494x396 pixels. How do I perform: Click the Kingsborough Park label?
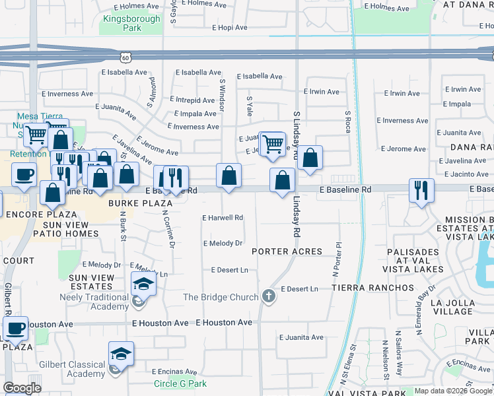tap(131, 24)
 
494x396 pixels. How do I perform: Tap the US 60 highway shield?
tap(135, 57)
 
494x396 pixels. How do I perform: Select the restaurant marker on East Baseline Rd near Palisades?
tap(421, 191)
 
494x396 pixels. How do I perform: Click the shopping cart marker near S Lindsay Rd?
tap(272, 143)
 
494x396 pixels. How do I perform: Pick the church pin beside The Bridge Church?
tap(268, 296)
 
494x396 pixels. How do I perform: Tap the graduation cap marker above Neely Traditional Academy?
tap(143, 284)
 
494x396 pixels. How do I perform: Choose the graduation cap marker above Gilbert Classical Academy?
tap(121, 354)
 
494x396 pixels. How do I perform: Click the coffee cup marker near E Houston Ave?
tap(15, 328)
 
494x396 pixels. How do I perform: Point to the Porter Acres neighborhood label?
tap(287, 251)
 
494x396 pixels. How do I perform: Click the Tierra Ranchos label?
tap(372, 288)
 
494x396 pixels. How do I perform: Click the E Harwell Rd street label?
tap(223, 217)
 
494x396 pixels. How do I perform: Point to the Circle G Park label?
tap(180, 383)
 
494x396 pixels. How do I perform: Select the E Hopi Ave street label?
tap(229, 28)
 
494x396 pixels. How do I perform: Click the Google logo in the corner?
tap(22, 387)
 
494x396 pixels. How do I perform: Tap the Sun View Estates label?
tap(90, 282)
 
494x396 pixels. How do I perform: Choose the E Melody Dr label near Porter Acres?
tap(223, 244)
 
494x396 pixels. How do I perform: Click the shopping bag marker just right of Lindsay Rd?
tap(310, 158)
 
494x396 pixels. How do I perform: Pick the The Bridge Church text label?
tap(221, 298)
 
